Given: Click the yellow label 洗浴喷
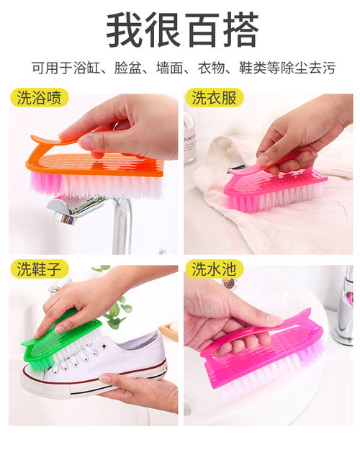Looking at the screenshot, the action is coord(40,98).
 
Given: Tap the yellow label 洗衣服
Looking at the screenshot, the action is coord(214,98).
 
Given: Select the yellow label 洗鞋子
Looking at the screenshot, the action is coord(40,269).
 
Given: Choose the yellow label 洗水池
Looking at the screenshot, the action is coord(214,269).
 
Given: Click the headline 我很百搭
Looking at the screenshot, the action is coord(182,30).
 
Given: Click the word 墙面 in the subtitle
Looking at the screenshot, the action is coord(169,68).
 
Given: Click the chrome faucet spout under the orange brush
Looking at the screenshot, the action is coord(75,210).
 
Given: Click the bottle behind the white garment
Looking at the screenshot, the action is coord(189,138).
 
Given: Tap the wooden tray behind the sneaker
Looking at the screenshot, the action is coord(169,330).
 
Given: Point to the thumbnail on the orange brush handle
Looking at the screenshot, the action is coord(86,141).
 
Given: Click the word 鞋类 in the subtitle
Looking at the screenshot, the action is coord(251,68).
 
